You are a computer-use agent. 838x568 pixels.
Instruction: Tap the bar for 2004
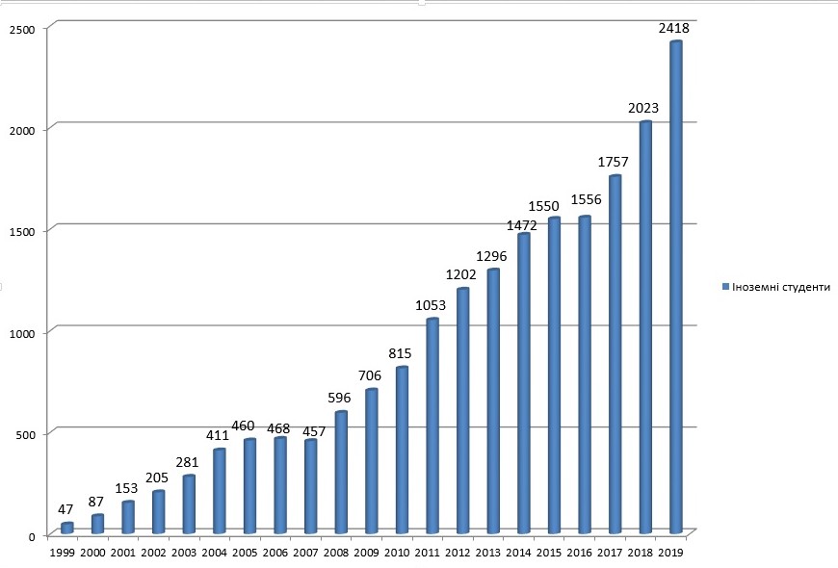pyautogui.click(x=220, y=491)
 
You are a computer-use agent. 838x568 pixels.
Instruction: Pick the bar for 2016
pyautogui.click(x=584, y=374)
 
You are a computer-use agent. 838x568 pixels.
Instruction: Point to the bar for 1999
pyautogui.click(x=67, y=528)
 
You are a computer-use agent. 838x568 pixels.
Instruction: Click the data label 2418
pyautogui.click(x=673, y=28)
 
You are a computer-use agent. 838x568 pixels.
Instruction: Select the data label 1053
pyautogui.click(x=432, y=305)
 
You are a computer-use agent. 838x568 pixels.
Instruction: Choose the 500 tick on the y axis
pyautogui.click(x=26, y=433)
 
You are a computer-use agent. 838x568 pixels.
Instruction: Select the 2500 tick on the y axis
pyautogui.click(x=23, y=29)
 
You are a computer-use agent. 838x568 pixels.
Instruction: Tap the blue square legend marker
pyautogui.click(x=726, y=287)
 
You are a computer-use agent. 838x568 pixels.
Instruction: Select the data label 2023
pyautogui.click(x=644, y=109)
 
